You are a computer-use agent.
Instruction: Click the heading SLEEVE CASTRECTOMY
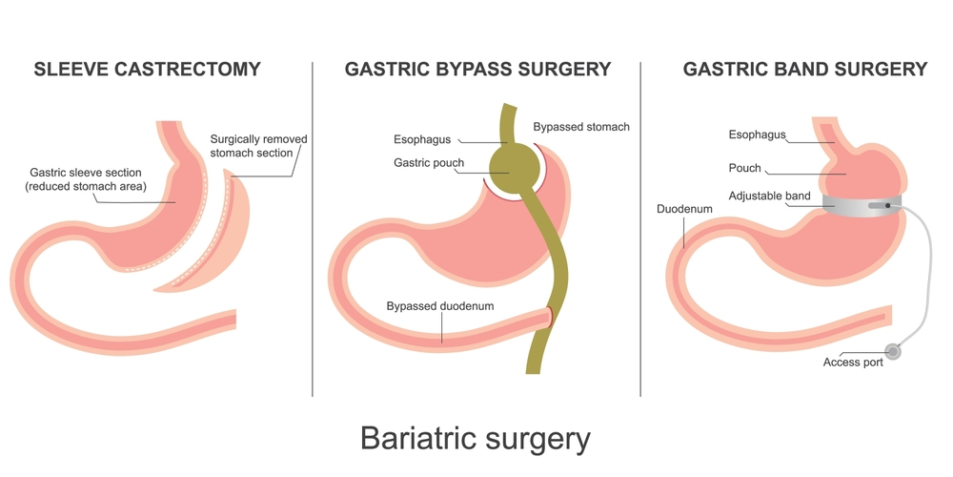[147, 70]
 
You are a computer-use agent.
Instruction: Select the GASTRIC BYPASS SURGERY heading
[477, 70]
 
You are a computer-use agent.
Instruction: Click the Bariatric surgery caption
[476, 439]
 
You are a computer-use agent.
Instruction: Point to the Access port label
[853, 363]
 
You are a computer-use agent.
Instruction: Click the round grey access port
[892, 350]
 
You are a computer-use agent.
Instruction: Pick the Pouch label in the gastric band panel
[744, 168]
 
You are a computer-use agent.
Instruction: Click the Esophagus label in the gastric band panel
[757, 135]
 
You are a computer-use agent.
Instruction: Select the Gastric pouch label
[429, 163]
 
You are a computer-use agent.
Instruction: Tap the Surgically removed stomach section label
[258, 146]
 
